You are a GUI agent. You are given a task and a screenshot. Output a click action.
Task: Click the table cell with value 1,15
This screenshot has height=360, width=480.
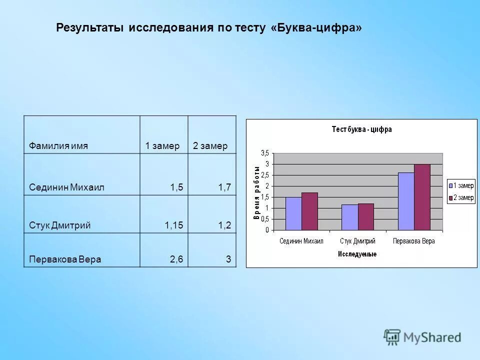coord(173,225)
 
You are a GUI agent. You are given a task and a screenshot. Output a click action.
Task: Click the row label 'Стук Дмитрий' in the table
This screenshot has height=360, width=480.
coord(59,225)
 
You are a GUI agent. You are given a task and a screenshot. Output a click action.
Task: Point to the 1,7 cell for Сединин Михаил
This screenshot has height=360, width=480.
coord(224,187)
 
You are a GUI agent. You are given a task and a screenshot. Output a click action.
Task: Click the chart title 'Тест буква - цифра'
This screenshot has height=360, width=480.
coord(361,129)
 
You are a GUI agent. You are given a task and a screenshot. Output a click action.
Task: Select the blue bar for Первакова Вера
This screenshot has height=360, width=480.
coord(406,201)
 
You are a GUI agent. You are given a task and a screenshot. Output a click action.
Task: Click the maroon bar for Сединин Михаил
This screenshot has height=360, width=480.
coord(309,211)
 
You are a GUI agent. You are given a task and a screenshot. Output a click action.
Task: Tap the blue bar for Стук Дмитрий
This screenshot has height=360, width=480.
coord(349,217)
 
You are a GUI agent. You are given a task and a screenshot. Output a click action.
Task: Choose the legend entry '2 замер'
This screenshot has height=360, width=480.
coord(460,198)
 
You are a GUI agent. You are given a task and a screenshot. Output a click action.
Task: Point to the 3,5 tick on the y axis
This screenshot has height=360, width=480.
coord(264,153)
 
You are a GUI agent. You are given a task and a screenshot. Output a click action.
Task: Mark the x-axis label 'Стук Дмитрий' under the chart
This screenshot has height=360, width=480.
coord(357,241)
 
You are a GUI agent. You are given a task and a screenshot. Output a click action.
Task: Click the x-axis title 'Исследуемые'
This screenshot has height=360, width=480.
coord(357,254)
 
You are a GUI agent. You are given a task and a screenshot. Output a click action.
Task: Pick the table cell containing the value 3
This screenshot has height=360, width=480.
coord(228,259)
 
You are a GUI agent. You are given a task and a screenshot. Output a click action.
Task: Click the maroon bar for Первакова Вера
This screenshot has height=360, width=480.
coord(422,197)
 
